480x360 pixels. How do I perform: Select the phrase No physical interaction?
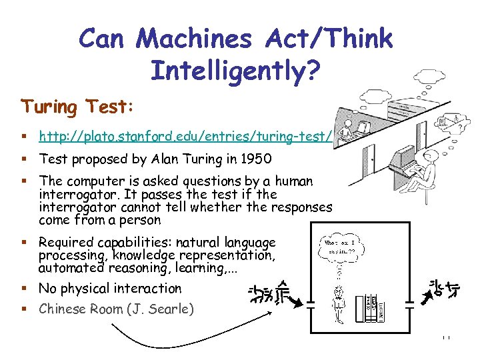pos(110,289)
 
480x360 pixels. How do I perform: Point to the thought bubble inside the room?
pos(341,245)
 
